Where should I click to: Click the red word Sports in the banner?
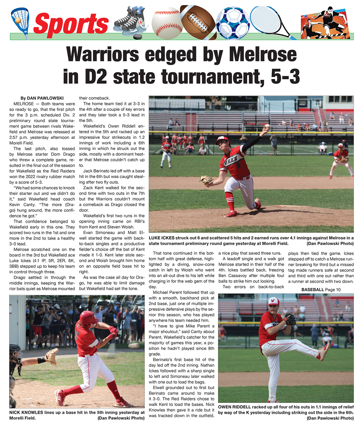click(71, 24)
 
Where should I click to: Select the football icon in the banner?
click(197, 22)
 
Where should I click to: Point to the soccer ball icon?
click(233, 23)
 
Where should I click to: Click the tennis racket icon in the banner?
click(270, 20)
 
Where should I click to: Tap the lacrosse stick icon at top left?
click(20, 21)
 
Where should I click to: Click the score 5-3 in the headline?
click(285, 76)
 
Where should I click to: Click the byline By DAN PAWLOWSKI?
click(42, 98)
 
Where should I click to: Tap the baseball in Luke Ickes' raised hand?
click(267, 126)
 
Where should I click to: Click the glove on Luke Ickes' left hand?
click(206, 180)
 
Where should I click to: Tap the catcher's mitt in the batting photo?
click(52, 356)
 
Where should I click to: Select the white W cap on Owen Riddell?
click(273, 301)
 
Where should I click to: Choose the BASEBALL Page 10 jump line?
click(321, 290)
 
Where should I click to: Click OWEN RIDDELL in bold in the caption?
click(234, 407)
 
